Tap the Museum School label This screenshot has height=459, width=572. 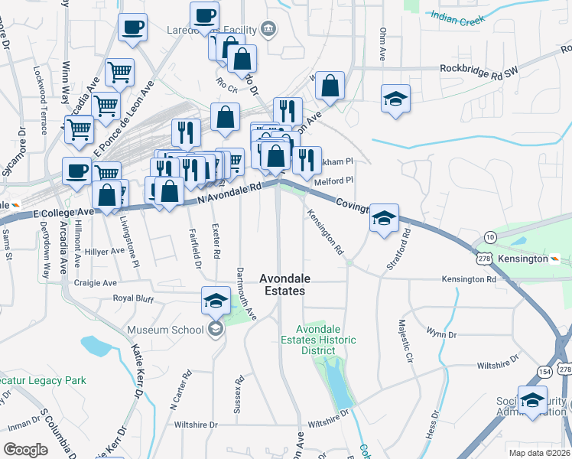(x=165, y=330)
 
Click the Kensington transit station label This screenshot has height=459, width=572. (x=524, y=259)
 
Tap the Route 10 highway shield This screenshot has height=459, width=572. (x=489, y=238)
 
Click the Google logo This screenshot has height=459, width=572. (x=25, y=449)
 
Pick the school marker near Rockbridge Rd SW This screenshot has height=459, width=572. (x=395, y=98)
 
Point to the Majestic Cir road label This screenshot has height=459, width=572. (x=404, y=341)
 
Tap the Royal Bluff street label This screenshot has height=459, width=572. (x=134, y=298)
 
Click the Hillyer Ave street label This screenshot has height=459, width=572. (x=105, y=251)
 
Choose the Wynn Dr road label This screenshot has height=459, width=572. (x=441, y=334)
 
